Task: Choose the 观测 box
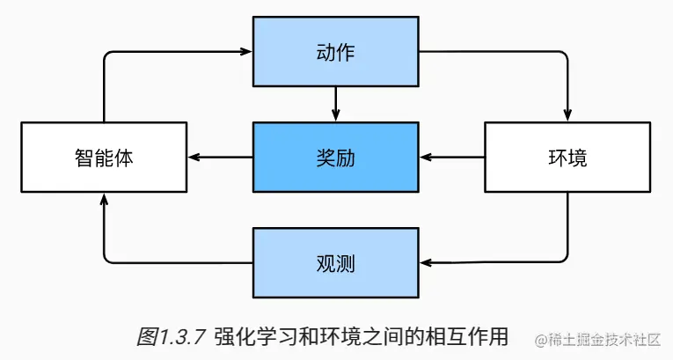click(x=335, y=262)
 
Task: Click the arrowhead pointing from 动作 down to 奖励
click(x=335, y=115)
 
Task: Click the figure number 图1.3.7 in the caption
click(x=172, y=335)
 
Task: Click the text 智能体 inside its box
click(x=104, y=158)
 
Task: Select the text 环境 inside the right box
click(x=566, y=158)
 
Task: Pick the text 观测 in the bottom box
click(x=335, y=263)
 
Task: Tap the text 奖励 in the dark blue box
click(x=335, y=158)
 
